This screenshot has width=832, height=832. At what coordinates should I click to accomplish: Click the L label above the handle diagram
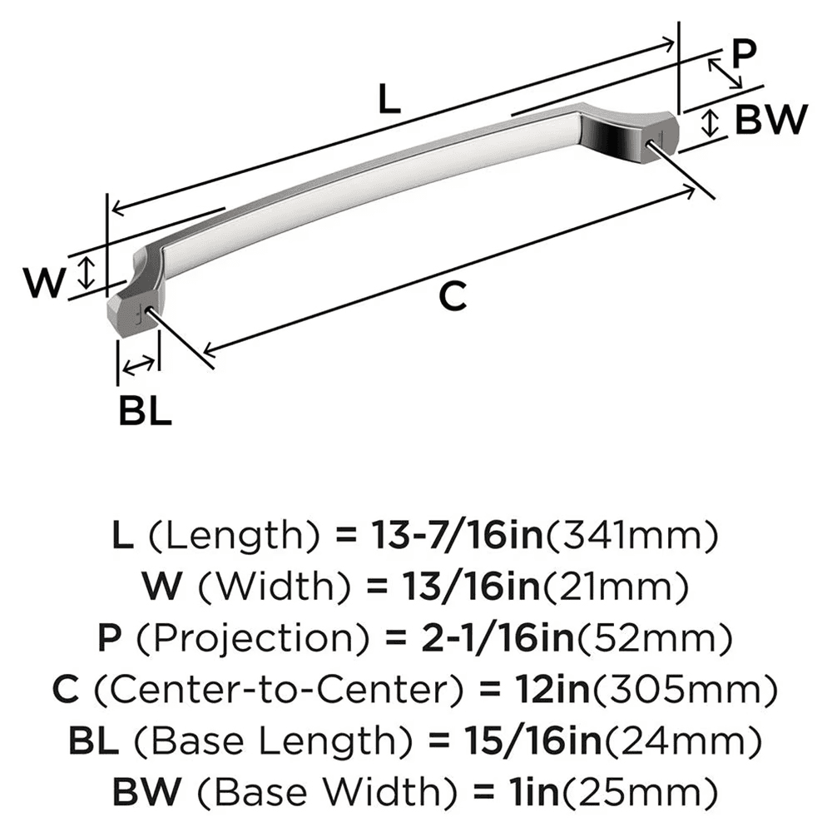389,100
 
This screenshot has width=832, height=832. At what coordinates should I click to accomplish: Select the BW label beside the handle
771,121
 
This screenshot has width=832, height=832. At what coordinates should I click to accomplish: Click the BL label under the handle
145,411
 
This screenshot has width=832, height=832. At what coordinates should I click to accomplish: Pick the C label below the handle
452,295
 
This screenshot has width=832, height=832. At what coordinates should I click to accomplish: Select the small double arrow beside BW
710,123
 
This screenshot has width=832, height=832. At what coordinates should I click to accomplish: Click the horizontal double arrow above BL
137,363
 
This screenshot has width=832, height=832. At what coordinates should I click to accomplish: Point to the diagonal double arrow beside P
725,73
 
